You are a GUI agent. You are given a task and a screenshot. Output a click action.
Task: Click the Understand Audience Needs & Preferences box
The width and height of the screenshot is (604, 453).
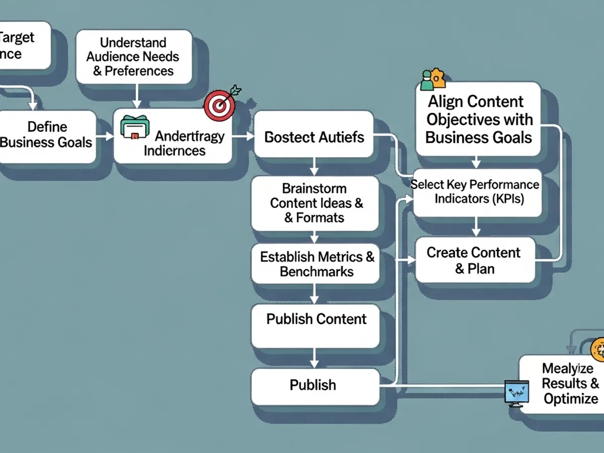pyautogui.click(x=133, y=56)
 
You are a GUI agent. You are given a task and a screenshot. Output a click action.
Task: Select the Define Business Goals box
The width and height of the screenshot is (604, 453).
pyautogui.click(x=47, y=135)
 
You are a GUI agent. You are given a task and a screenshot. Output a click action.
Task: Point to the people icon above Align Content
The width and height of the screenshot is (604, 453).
pyautogui.click(x=432, y=80)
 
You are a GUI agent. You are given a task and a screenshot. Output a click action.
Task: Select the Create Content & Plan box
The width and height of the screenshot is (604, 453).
pyautogui.click(x=474, y=260)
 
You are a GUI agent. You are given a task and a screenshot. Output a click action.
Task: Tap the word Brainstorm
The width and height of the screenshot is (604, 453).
pyautogui.click(x=314, y=189)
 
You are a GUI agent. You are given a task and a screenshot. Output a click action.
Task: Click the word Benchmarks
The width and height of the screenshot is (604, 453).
pyautogui.click(x=317, y=272)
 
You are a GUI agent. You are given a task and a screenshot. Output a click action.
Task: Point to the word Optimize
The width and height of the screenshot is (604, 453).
pyautogui.click(x=571, y=399)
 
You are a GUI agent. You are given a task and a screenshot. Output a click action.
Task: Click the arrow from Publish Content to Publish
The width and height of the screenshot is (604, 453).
pyautogui.click(x=314, y=358)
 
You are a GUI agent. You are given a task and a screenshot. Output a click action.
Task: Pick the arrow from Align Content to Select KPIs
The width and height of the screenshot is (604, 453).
pyautogui.click(x=476, y=163)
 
